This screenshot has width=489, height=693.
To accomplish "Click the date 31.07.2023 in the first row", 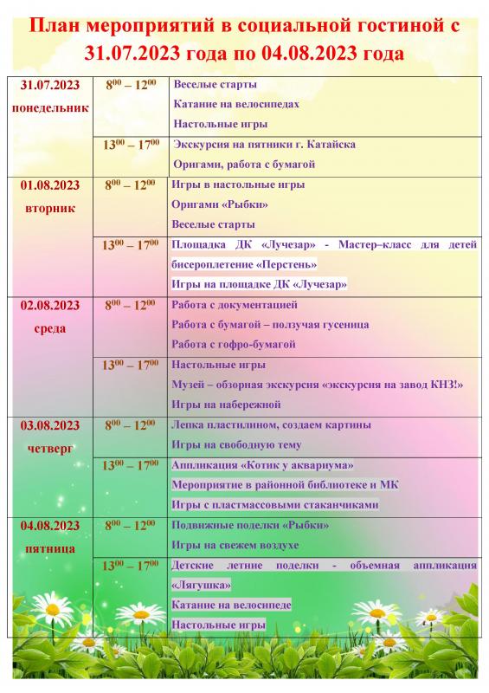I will [x=49, y=86].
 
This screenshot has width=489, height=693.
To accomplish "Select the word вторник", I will [x=49, y=208].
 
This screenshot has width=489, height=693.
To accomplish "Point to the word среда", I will [x=49, y=328].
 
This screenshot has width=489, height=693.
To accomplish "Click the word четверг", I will [x=49, y=449].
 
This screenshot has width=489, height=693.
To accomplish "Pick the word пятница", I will [x=49, y=548].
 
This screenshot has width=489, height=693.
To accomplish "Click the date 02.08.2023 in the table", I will [x=49, y=305].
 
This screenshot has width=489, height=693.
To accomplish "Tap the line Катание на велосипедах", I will [x=236, y=104].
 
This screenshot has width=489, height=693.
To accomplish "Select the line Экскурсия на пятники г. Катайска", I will [x=264, y=144].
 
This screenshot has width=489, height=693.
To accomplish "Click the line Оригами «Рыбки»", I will [x=220, y=204].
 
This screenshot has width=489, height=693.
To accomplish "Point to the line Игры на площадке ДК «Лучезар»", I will [x=259, y=284].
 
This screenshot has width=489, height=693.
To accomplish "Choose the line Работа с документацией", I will [x=235, y=305].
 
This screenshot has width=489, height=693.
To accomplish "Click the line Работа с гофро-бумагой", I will [x=234, y=344].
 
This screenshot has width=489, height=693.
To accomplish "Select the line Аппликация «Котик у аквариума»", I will [x=250, y=465].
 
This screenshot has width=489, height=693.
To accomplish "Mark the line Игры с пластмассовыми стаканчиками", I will [x=274, y=505].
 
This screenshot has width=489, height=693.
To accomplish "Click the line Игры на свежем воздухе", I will [x=235, y=545].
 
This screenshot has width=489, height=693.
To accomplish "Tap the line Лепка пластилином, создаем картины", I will [x=272, y=424].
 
